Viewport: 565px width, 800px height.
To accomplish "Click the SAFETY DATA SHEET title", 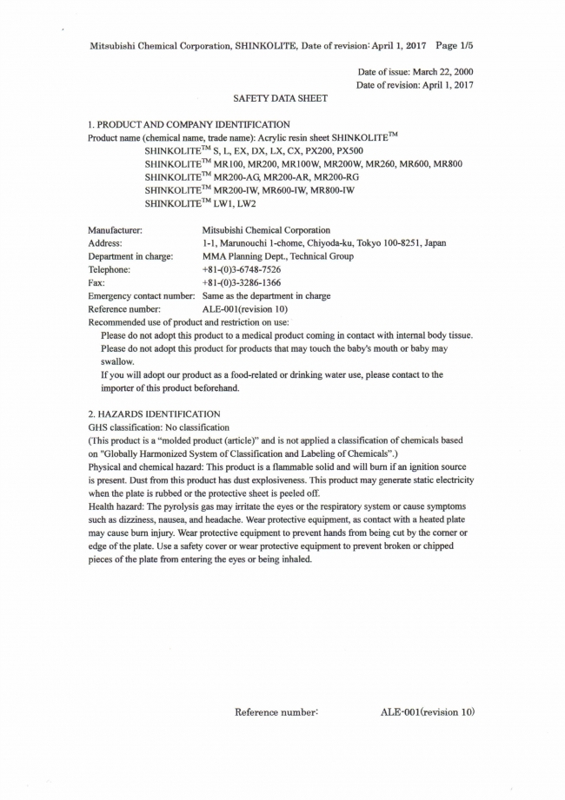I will (281, 98).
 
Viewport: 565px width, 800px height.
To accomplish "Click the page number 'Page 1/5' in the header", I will (453, 43).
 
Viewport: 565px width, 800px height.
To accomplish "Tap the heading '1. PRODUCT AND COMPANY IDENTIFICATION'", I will (189, 124).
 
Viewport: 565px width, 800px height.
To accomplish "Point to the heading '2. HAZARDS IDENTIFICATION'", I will (155, 414).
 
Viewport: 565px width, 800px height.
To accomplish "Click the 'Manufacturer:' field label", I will (116, 230).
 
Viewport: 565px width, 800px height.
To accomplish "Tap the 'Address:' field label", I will (105, 243).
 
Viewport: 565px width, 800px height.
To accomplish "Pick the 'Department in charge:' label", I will (130, 256).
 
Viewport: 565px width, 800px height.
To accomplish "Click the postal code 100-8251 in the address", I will (395, 243).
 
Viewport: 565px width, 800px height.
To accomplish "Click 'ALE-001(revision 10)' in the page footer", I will (428, 712).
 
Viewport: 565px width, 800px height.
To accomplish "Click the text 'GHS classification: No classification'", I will (159, 427).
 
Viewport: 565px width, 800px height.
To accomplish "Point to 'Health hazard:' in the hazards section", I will (117, 506).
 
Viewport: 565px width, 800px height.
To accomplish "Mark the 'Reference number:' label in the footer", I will (277, 712).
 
